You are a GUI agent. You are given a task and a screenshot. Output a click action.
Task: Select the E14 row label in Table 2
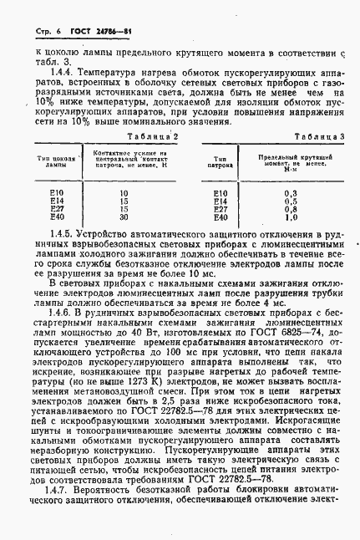coord(58,201)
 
